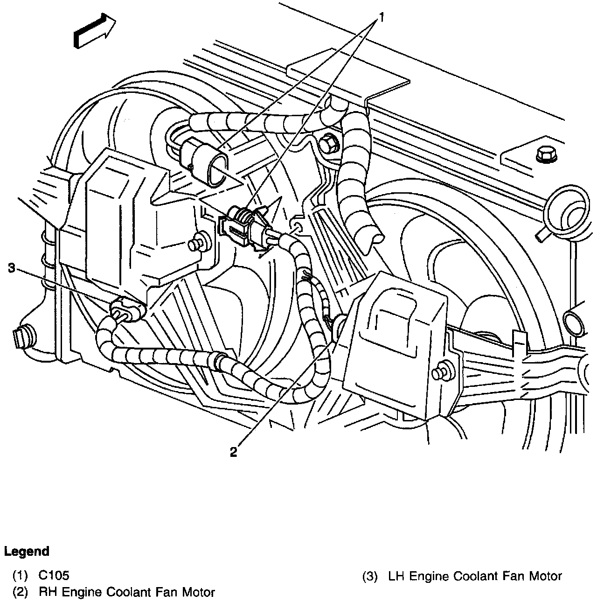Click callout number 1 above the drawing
click(381, 18)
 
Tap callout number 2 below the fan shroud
click(234, 451)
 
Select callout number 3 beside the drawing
click(12, 267)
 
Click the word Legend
click(27, 551)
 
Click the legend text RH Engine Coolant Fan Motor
click(127, 592)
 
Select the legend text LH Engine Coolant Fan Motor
click(475, 576)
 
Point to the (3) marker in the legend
click(369, 576)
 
